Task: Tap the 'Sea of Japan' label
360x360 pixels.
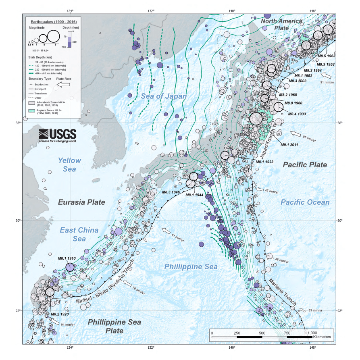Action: click(x=164, y=96)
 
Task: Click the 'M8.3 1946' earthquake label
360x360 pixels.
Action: click(x=171, y=192)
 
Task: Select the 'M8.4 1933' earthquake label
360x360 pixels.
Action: click(x=298, y=114)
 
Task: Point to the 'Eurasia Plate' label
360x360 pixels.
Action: click(x=81, y=202)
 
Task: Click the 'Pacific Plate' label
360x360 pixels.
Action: click(x=305, y=164)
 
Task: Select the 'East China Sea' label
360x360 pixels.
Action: click(x=79, y=234)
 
